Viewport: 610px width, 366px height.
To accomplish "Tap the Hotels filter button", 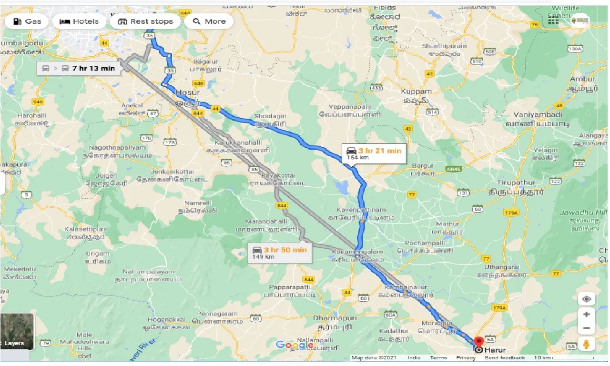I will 79,21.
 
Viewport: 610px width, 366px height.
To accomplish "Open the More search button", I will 209,21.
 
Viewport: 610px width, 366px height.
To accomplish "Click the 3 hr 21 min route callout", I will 374,153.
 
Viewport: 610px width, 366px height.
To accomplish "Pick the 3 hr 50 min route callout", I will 280,253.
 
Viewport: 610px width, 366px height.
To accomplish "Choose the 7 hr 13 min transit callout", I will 79,68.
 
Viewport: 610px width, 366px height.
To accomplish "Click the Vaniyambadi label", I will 538,115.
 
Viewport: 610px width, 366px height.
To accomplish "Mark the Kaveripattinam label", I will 356,210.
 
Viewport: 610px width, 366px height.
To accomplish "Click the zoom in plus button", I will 586,315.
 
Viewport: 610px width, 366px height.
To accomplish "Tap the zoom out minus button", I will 586,328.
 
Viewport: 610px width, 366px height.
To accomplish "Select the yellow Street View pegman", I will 586,344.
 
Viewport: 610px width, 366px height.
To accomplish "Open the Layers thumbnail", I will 17,331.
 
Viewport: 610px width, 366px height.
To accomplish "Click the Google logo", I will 294,345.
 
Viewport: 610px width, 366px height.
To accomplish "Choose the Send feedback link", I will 505,358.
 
